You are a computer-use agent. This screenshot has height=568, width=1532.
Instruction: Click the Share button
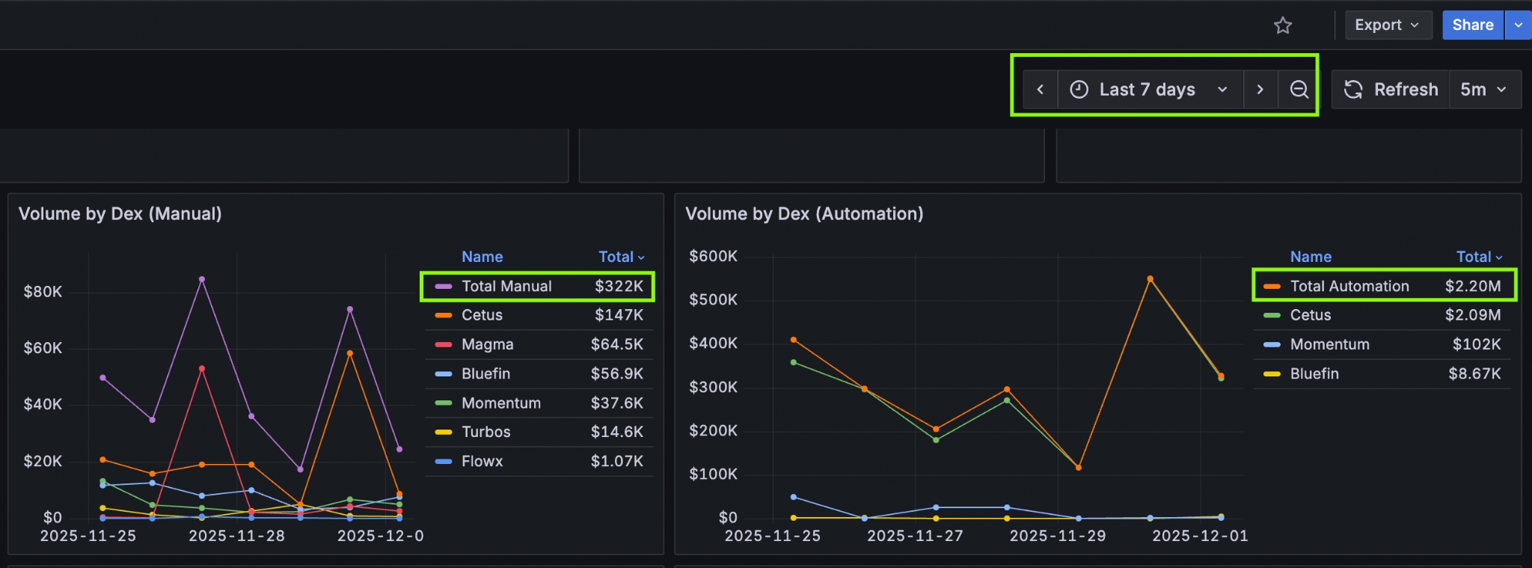pos(1472,25)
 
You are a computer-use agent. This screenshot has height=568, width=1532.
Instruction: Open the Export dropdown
pos(1387,25)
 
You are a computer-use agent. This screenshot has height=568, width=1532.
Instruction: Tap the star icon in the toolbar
pos(1283,25)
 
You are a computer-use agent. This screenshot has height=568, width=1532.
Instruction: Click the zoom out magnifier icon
pos(1299,90)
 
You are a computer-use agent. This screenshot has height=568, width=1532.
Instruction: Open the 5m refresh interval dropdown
pos(1484,90)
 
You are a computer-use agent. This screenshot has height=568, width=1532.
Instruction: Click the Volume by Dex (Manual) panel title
pos(120,214)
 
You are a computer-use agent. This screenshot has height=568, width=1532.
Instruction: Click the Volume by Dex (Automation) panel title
pos(804,214)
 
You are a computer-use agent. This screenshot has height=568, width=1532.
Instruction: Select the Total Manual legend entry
pos(506,286)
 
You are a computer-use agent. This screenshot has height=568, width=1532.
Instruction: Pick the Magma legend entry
pos(487,344)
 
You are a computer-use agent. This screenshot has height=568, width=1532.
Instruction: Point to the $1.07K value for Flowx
pos(616,461)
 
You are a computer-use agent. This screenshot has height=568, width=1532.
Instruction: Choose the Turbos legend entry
pos(485,432)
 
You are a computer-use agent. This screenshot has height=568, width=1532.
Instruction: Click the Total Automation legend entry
pos(1349,286)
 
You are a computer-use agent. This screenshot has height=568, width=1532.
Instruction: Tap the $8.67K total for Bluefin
pos(1474,373)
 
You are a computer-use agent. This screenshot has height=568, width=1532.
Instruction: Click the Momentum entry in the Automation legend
pos(1329,344)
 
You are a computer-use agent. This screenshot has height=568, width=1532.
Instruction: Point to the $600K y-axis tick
pos(713,257)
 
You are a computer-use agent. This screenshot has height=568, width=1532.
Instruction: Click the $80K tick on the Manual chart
pos(43,292)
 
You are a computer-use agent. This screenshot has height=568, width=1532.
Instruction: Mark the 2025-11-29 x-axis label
pos(1057,536)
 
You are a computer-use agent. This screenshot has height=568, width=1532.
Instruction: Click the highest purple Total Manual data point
pos(202,279)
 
